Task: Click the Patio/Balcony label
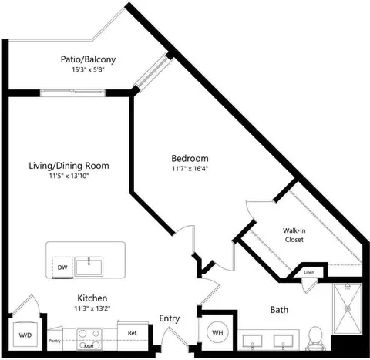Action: (x=88, y=59)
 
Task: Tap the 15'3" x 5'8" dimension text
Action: (x=89, y=69)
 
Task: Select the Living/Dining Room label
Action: (x=69, y=166)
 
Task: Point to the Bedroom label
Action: (x=190, y=158)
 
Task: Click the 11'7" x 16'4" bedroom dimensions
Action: (x=190, y=169)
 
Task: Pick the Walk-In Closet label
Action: (x=294, y=235)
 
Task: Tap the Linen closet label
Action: (x=309, y=272)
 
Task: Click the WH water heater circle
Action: (x=217, y=333)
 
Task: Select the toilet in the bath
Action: (x=315, y=338)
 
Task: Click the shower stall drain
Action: (x=348, y=308)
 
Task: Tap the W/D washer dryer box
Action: (x=25, y=335)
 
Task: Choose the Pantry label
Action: (x=55, y=341)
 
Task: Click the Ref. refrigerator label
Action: (x=133, y=333)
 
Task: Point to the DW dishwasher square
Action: (x=62, y=267)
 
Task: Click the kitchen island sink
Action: (x=89, y=266)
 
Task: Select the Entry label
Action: (x=170, y=318)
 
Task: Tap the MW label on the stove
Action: (x=89, y=347)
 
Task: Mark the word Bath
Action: (x=279, y=310)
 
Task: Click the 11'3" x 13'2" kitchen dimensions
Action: (x=92, y=308)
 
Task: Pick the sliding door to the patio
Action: (x=72, y=93)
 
